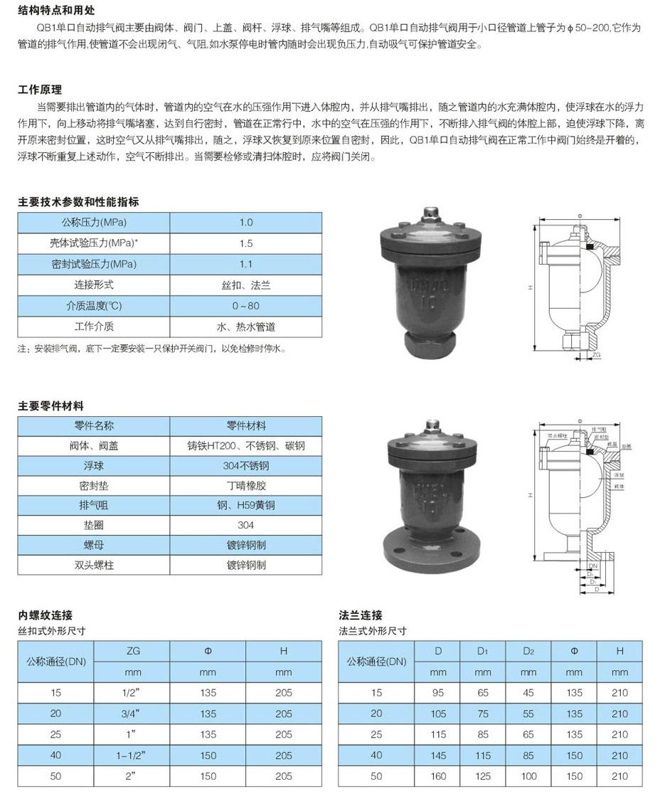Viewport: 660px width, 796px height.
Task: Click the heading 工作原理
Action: [40, 90]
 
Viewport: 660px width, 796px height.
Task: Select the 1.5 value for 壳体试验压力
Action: [246, 243]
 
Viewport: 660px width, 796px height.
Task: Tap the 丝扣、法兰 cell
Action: [246, 285]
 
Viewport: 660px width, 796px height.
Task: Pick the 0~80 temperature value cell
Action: [246, 306]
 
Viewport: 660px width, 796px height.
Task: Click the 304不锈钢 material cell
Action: [246, 467]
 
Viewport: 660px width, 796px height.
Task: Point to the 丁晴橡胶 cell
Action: [246, 487]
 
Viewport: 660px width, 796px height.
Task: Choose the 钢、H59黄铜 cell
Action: [246, 506]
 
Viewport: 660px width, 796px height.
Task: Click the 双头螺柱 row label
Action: [94, 566]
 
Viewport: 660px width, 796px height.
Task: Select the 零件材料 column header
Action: [246, 426]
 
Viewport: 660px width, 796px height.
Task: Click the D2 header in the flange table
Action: [528, 651]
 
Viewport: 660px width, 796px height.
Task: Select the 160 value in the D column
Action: [438, 776]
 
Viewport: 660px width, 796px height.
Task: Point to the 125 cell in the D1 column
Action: [483, 776]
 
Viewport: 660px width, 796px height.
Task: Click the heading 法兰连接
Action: [361, 615]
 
